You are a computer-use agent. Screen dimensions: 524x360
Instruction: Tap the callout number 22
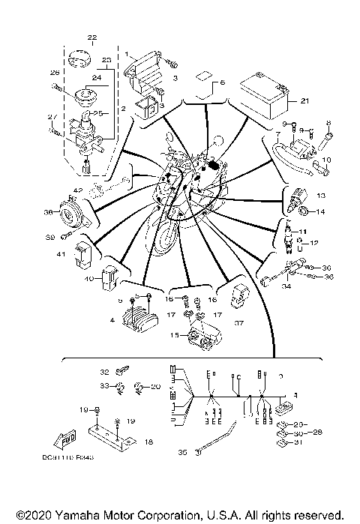(92, 37)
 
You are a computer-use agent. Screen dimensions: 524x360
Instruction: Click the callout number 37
(239, 324)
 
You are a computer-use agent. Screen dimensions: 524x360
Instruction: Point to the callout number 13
(322, 195)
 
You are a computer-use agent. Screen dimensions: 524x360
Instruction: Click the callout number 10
(325, 160)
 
